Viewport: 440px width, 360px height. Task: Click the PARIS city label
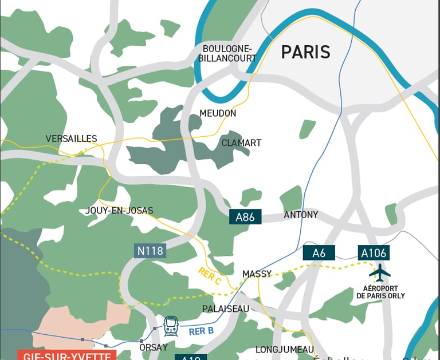click(x=305, y=52)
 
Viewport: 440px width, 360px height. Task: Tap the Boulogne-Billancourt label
click(x=227, y=53)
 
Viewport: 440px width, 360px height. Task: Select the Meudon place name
click(x=218, y=113)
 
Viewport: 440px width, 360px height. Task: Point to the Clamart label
click(x=241, y=143)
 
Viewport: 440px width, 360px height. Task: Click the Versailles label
click(x=72, y=139)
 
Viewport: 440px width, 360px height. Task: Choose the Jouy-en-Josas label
click(x=119, y=211)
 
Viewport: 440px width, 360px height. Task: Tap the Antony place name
click(x=301, y=215)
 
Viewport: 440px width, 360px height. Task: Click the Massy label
click(x=257, y=274)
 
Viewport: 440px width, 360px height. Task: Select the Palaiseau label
click(x=226, y=308)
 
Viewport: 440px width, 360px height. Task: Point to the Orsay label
click(x=154, y=347)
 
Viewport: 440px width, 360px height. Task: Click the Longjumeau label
click(x=285, y=349)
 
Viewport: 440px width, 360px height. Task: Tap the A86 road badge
click(x=245, y=217)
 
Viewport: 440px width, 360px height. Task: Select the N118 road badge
click(x=150, y=251)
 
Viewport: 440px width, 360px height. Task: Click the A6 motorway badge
click(x=319, y=253)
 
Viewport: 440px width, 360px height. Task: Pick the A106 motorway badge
click(x=374, y=253)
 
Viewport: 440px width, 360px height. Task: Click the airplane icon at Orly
click(x=380, y=272)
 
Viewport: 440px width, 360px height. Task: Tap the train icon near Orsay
click(x=171, y=326)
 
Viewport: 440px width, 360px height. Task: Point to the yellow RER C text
click(x=210, y=275)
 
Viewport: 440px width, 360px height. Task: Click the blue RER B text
click(x=201, y=331)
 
